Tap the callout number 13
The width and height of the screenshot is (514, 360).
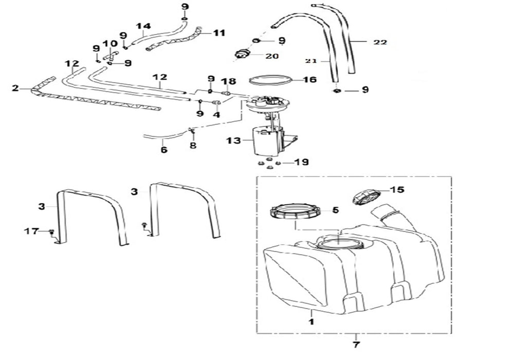tap(233, 140)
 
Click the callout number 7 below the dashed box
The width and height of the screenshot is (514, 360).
tap(356, 345)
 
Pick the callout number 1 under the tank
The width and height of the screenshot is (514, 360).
tap(311, 321)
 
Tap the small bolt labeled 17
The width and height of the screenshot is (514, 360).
tap(51, 232)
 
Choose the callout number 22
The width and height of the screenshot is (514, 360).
tap(380, 42)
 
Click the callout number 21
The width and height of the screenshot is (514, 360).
tap(311, 61)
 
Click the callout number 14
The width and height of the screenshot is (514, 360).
tap(143, 26)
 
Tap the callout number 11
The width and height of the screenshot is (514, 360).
tap(219, 33)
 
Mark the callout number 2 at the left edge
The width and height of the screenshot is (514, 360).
tap(15, 88)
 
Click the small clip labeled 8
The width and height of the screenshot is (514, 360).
tap(192, 131)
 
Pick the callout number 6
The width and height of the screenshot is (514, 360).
tap(164, 150)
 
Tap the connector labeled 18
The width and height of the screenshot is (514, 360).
tap(226, 94)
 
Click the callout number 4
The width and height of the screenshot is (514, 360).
tap(216, 115)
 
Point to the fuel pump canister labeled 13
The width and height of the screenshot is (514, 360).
tap(266, 141)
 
